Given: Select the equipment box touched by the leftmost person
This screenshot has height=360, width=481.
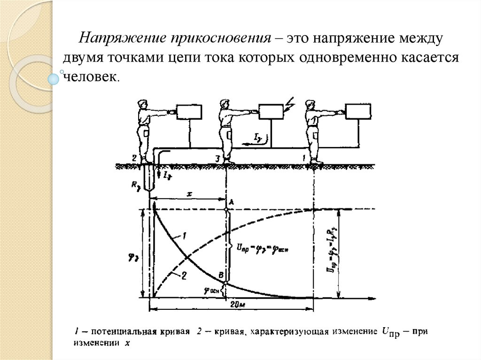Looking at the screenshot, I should pyautogui.click(x=189, y=112).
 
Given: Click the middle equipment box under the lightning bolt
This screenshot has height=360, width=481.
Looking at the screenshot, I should pyautogui.click(x=272, y=112).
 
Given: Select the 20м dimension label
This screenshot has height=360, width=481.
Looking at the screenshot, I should pyautogui.click(x=239, y=305).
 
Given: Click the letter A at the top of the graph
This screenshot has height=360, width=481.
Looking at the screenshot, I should pyautogui.click(x=231, y=201).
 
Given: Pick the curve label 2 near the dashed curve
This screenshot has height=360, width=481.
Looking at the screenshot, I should pyautogui.click(x=184, y=276).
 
